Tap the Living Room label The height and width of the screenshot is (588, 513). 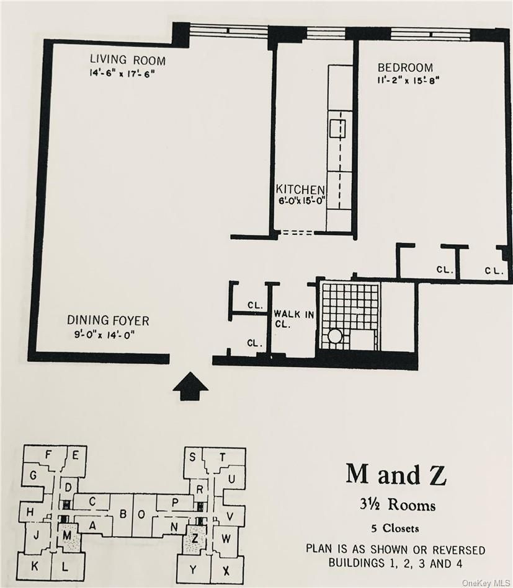(128, 59)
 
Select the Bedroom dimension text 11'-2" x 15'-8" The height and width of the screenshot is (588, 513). (408, 80)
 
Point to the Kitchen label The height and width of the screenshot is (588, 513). (300, 190)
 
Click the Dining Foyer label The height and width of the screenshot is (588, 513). (108, 320)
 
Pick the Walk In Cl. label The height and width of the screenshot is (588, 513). (293, 318)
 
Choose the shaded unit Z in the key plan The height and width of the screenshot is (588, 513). (195, 539)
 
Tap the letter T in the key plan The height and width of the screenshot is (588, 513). (223, 457)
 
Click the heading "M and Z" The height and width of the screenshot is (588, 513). (396, 474)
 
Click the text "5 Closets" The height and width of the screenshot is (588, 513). (395, 528)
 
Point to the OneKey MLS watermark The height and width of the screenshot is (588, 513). (486, 583)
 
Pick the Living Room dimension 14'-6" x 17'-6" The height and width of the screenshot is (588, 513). (122, 74)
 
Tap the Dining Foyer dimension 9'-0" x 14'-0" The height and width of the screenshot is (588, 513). (104, 334)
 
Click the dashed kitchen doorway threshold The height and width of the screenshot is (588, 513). (297, 232)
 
